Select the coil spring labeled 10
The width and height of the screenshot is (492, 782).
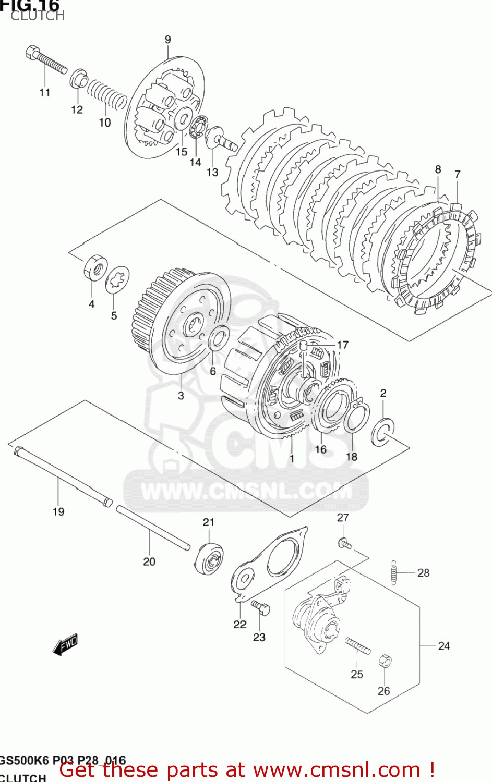click(106, 94)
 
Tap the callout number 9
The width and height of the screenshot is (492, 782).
click(167, 40)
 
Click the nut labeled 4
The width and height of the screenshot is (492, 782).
click(95, 267)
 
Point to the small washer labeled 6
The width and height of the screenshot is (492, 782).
click(218, 338)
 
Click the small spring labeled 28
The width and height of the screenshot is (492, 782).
click(394, 572)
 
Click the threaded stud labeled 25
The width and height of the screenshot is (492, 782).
click(357, 646)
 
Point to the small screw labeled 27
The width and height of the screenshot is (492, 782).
click(344, 544)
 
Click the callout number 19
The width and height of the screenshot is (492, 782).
click(58, 512)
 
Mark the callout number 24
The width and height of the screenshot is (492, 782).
click(443, 646)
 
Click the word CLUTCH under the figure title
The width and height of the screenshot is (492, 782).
click(38, 16)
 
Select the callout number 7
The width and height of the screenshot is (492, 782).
click(457, 175)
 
